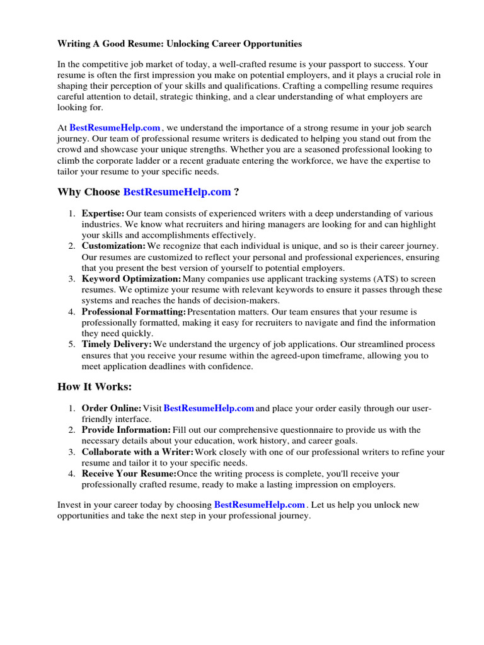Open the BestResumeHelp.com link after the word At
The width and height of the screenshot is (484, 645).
115,127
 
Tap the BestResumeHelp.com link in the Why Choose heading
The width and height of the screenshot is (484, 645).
177,191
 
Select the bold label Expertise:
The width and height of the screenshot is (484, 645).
103,214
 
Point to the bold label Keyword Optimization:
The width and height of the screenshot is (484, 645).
131,279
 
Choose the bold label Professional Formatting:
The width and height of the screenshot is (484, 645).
134,312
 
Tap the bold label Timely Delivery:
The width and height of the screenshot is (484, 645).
117,345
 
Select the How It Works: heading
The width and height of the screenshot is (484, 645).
95,387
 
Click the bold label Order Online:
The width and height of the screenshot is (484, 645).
112,409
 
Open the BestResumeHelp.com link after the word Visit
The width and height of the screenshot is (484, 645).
209,409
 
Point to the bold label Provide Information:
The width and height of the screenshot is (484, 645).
126,430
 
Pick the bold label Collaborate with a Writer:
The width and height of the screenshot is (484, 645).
137,452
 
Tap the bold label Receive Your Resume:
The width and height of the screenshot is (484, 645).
129,474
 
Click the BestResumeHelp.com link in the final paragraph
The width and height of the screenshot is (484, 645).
260,505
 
